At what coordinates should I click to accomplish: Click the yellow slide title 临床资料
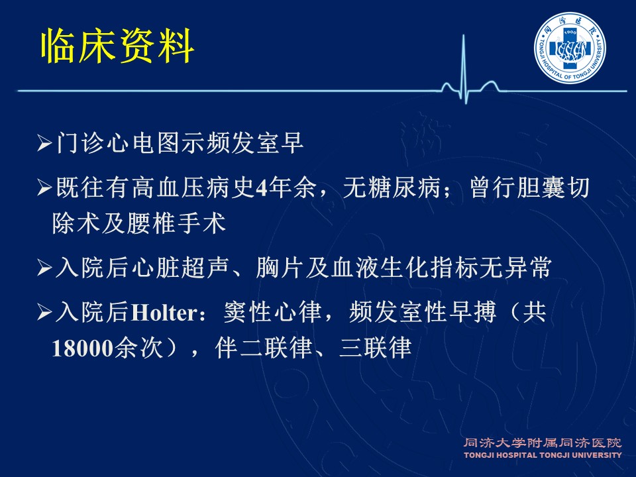pos(118,46)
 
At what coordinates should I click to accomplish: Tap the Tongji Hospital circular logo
pos(570,48)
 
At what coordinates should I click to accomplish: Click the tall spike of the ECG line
pos(464,67)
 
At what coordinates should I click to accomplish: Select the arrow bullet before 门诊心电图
pos(44,143)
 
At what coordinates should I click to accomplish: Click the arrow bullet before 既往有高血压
pos(44,187)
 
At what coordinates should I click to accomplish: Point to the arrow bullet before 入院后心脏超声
pos(44,268)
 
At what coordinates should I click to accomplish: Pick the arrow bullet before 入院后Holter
pos(44,313)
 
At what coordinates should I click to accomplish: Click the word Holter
pos(164,313)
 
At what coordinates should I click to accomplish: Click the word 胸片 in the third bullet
pos(280,268)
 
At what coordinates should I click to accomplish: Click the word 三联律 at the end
pos(376,348)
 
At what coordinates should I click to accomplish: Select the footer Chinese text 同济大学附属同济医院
pos(543,443)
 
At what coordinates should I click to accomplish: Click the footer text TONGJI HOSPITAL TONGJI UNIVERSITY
pos(543,455)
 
